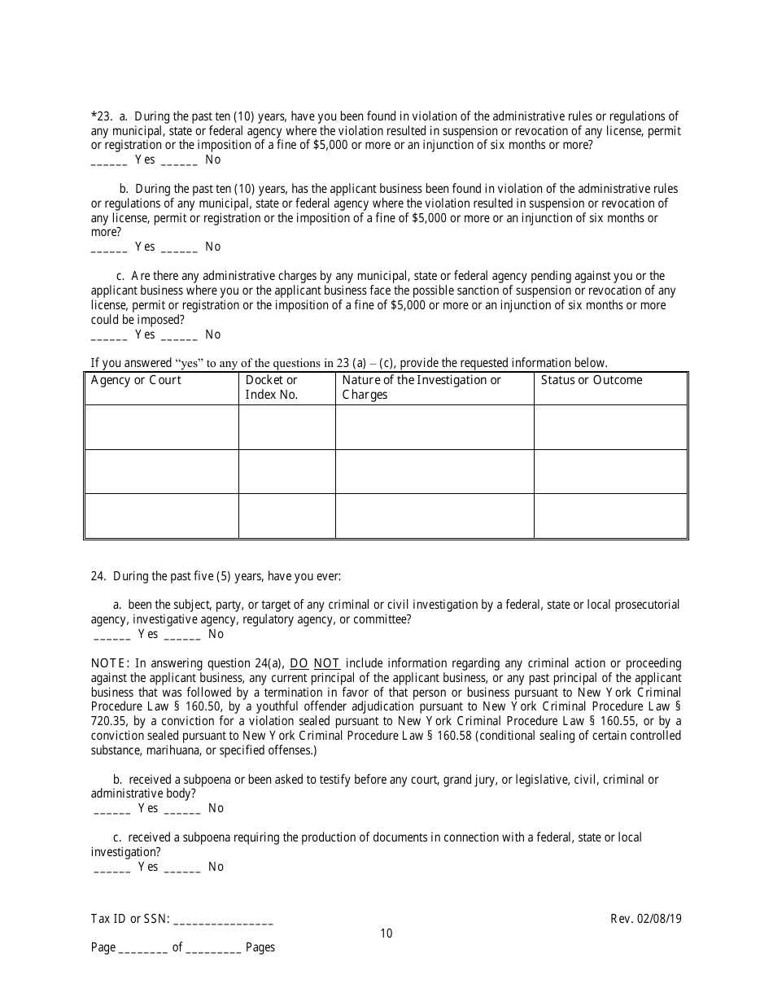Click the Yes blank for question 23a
click(109, 161)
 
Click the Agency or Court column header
click(136, 381)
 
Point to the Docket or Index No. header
click(272, 387)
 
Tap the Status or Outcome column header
click(592, 381)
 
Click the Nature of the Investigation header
click(421, 387)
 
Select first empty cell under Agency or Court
click(162, 427)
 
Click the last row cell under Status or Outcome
click(610, 515)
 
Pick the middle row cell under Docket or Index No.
click(286, 471)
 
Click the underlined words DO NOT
click(315, 663)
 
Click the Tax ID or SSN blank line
click(223, 920)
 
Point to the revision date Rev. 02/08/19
click(646, 919)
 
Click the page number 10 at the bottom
click(386, 933)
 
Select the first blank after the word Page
click(143, 949)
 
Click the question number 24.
click(98, 576)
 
